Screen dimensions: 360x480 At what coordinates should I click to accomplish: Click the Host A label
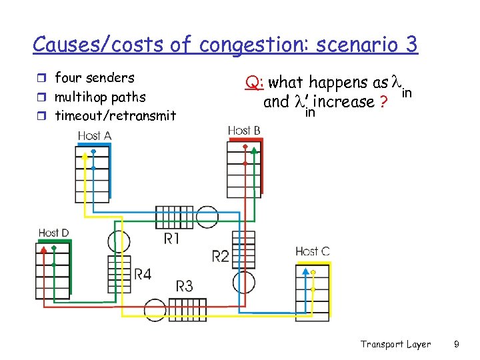(94, 135)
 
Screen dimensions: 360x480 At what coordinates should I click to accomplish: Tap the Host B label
(244, 130)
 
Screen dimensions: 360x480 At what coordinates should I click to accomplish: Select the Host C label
(312, 251)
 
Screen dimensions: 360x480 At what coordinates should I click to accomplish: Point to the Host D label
(53, 233)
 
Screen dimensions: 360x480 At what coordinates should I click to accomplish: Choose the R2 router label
(221, 255)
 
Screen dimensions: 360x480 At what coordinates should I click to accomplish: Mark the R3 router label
(185, 286)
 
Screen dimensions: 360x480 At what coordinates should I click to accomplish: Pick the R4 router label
(143, 273)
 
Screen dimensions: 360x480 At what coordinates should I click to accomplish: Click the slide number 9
(456, 344)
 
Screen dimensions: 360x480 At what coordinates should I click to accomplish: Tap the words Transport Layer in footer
(395, 344)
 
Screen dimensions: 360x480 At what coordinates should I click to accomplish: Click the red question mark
(383, 103)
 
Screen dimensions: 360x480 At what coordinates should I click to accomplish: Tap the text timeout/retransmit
(115, 116)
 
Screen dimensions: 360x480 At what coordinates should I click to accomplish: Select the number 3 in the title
(410, 44)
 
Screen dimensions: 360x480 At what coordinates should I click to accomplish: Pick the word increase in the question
(346, 102)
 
